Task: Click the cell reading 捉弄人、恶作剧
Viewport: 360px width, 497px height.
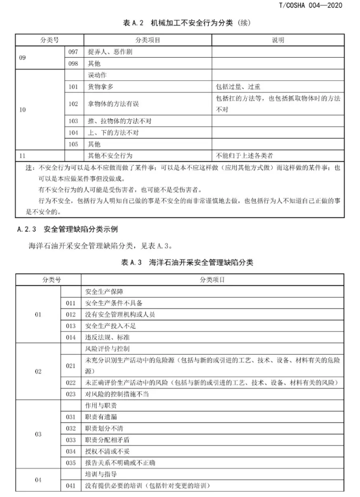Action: (110, 52)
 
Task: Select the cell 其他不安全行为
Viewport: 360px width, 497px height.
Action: (110, 155)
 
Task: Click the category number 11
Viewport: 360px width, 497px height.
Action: (22, 155)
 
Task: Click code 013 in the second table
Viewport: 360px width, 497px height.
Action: (70, 326)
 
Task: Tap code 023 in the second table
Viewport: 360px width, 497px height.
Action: (70, 394)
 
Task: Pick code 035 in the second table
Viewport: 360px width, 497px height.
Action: (70, 462)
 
